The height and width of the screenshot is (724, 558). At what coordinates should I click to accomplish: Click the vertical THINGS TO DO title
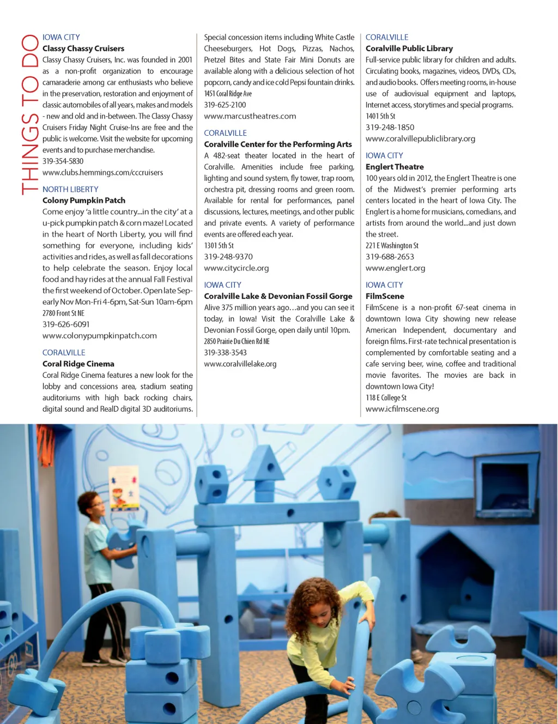tap(29, 114)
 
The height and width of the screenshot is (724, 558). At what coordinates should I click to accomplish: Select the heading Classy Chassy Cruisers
tap(83, 49)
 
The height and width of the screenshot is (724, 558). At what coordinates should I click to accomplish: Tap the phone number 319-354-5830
tap(63, 161)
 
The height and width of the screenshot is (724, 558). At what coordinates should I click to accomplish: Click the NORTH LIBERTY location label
tap(70, 189)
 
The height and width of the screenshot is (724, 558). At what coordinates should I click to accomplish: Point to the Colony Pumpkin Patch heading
tap(84, 201)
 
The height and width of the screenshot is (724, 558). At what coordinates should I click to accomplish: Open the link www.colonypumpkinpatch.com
tap(100, 336)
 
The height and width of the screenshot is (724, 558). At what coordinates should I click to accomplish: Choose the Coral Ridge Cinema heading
tap(78, 364)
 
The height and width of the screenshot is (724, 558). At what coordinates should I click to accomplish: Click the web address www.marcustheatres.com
tap(250, 116)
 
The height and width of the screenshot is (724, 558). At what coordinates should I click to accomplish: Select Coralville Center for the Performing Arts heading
tap(278, 144)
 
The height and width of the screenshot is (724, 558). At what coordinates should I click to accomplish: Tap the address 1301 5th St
tap(219, 246)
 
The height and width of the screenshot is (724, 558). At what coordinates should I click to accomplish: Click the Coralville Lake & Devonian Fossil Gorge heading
tap(278, 297)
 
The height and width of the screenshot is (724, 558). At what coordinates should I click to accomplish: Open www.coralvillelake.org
tap(240, 364)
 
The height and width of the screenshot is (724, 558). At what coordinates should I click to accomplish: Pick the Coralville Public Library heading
tap(409, 49)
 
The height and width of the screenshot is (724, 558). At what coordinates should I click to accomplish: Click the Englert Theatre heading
tap(395, 167)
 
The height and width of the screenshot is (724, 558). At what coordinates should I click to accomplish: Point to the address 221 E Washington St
tap(392, 246)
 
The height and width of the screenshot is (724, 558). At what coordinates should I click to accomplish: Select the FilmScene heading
tap(385, 297)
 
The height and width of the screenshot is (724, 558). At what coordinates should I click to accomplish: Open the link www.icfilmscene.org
tap(402, 409)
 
